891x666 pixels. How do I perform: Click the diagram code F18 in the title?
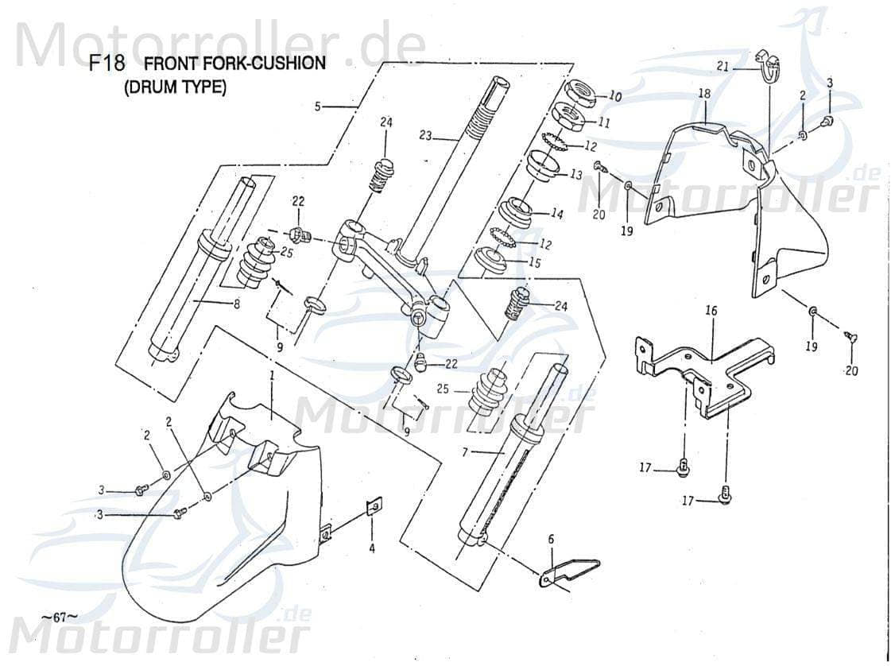(x=107, y=64)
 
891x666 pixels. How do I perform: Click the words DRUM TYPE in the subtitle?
(x=175, y=88)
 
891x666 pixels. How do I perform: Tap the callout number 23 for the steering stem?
(x=425, y=136)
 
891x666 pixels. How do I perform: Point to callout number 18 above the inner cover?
(x=704, y=94)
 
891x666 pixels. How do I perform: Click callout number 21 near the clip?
(x=722, y=68)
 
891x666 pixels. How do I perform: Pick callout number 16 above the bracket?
(x=711, y=311)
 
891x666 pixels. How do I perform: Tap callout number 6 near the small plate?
(x=550, y=539)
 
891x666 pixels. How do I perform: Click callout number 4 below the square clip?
(x=371, y=548)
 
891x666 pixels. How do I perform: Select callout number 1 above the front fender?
(x=272, y=374)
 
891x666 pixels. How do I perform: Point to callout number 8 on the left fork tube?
(x=236, y=303)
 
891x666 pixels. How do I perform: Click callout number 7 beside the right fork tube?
(x=467, y=451)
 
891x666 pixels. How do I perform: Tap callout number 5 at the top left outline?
(x=318, y=106)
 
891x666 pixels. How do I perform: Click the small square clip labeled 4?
(x=374, y=507)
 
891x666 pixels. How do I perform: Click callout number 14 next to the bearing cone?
(x=556, y=214)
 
